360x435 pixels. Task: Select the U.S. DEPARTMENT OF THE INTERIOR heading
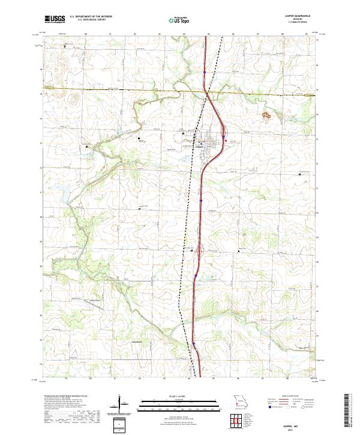[91, 16]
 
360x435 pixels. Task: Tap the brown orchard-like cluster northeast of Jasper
[266, 112]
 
